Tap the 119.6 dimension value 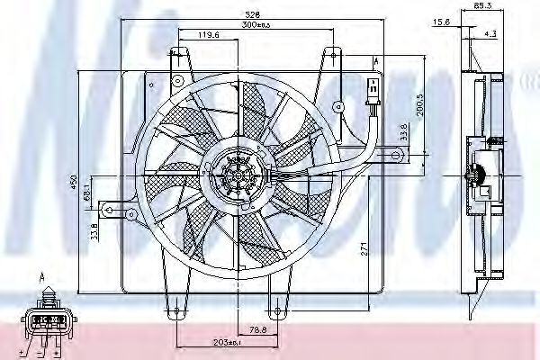pos(208,36)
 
